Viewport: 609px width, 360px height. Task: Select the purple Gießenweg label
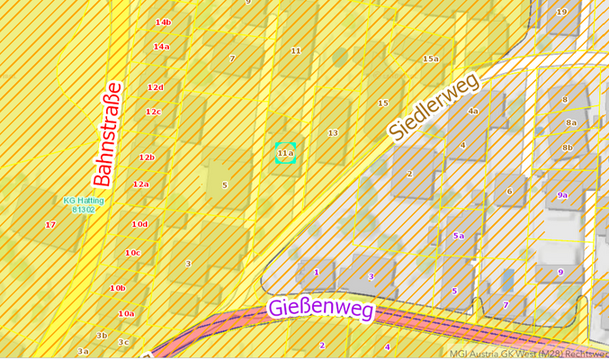click(321, 310)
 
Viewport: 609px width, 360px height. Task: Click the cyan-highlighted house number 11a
click(285, 154)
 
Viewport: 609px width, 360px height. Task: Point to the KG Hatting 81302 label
click(83, 204)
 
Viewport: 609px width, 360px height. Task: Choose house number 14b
click(163, 22)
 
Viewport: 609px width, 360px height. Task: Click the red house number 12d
click(155, 87)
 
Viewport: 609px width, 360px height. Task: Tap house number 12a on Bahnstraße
click(140, 184)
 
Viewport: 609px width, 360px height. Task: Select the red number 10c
click(132, 253)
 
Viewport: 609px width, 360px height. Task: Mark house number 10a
click(126, 313)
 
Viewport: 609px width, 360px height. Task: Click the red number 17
click(50, 225)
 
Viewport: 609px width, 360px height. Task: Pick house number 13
click(333, 133)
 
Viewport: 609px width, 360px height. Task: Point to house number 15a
click(431, 59)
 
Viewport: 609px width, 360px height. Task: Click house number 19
click(561, 12)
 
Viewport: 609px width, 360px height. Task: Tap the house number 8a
click(571, 122)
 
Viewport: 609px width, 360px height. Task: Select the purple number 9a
click(562, 194)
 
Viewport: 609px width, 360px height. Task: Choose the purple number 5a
click(459, 236)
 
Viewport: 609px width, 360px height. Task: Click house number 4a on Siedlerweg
click(473, 112)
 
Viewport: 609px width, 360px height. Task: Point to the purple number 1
click(316, 271)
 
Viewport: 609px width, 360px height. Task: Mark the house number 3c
click(123, 342)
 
